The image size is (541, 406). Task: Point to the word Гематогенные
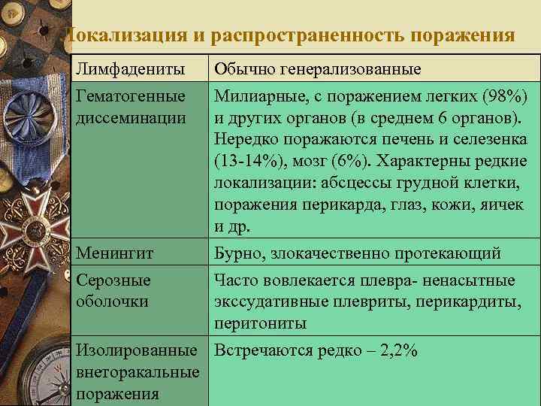coord(131,97)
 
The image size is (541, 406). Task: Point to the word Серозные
coord(113,280)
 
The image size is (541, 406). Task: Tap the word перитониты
coord(260,323)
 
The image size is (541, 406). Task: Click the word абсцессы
coord(354,183)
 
